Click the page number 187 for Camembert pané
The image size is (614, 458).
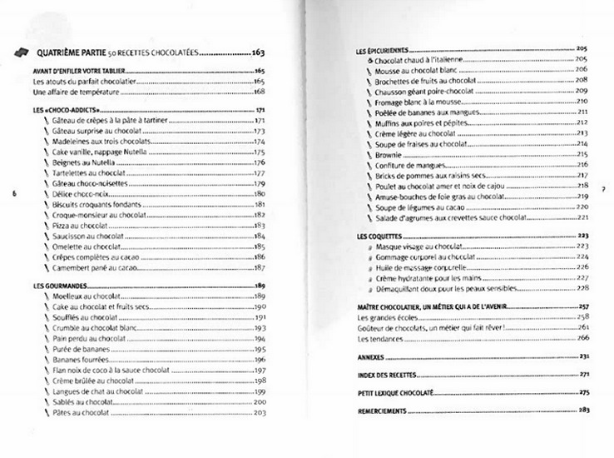pos(259,268)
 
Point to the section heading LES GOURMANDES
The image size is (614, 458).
pos(56,286)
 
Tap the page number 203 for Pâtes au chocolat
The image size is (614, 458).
pos(258,413)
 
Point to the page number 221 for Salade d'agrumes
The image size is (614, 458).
pos(582,217)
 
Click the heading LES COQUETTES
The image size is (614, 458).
pos(379,236)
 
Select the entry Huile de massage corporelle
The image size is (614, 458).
pos(423,267)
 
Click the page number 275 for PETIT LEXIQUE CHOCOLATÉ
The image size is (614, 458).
pos(582,392)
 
